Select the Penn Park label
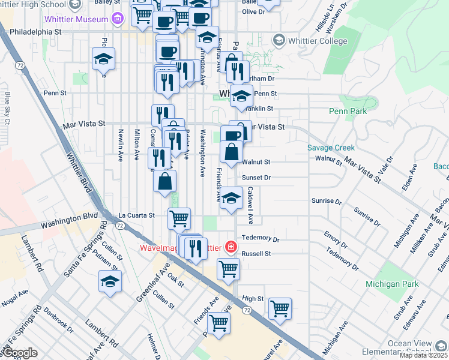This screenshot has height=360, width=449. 348,111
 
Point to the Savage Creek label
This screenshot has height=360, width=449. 331,148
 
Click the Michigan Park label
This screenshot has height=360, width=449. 390,283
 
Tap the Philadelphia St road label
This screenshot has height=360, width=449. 36,29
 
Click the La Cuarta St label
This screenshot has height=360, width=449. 136,215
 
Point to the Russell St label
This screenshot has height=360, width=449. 256,254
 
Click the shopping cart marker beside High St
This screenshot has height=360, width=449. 280,308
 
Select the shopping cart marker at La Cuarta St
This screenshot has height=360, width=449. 179,219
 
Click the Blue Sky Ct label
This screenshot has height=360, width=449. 8,108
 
